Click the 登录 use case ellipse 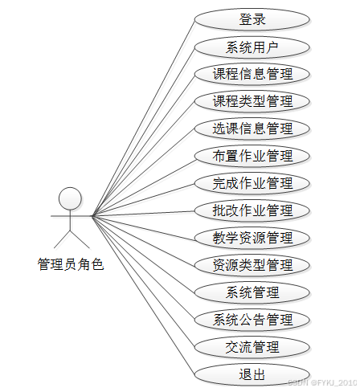coord(252,19)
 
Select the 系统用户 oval coord(252,47)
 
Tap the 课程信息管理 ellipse coord(252,74)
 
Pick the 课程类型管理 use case coord(252,101)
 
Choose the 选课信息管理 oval coord(252,129)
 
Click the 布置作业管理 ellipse coord(252,156)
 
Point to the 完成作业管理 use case coord(252,183)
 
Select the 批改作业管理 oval coord(252,210)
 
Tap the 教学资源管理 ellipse coord(252,238)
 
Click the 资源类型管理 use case coord(252,265)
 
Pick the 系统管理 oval coord(252,292)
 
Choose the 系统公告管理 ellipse coord(252,320)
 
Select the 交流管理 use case coord(252,347)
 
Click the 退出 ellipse coord(252,374)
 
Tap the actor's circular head coord(70,198)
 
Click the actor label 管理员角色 coord(71,264)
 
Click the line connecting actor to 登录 coord(143,117)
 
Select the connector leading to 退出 coord(143,295)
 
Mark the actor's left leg coord(62,239)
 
